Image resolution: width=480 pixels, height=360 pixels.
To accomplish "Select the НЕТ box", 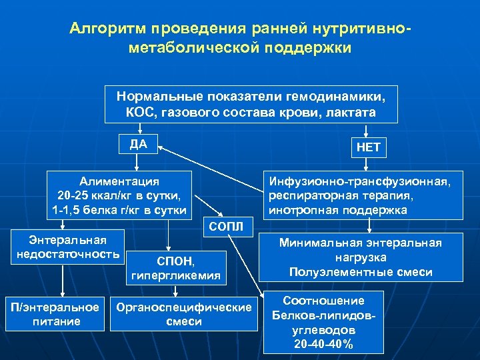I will coord(368,147).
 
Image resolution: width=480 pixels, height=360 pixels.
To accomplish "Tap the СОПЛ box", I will coord(226,227).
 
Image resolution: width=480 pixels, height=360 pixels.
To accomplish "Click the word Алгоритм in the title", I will coord(107,29).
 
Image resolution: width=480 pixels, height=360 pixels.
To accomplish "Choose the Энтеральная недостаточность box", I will coord(63,245).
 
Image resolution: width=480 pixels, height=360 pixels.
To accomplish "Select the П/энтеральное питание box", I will coord(55,313).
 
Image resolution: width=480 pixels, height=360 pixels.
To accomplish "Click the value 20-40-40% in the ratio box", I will coord(323,344).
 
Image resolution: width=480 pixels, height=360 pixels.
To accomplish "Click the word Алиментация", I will coord(119,181).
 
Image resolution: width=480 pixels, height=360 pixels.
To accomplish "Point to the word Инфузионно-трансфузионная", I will coord(364,181).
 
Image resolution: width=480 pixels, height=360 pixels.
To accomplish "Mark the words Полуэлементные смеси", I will coord(361,272).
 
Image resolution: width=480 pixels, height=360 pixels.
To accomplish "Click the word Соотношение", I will coord(323,301).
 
